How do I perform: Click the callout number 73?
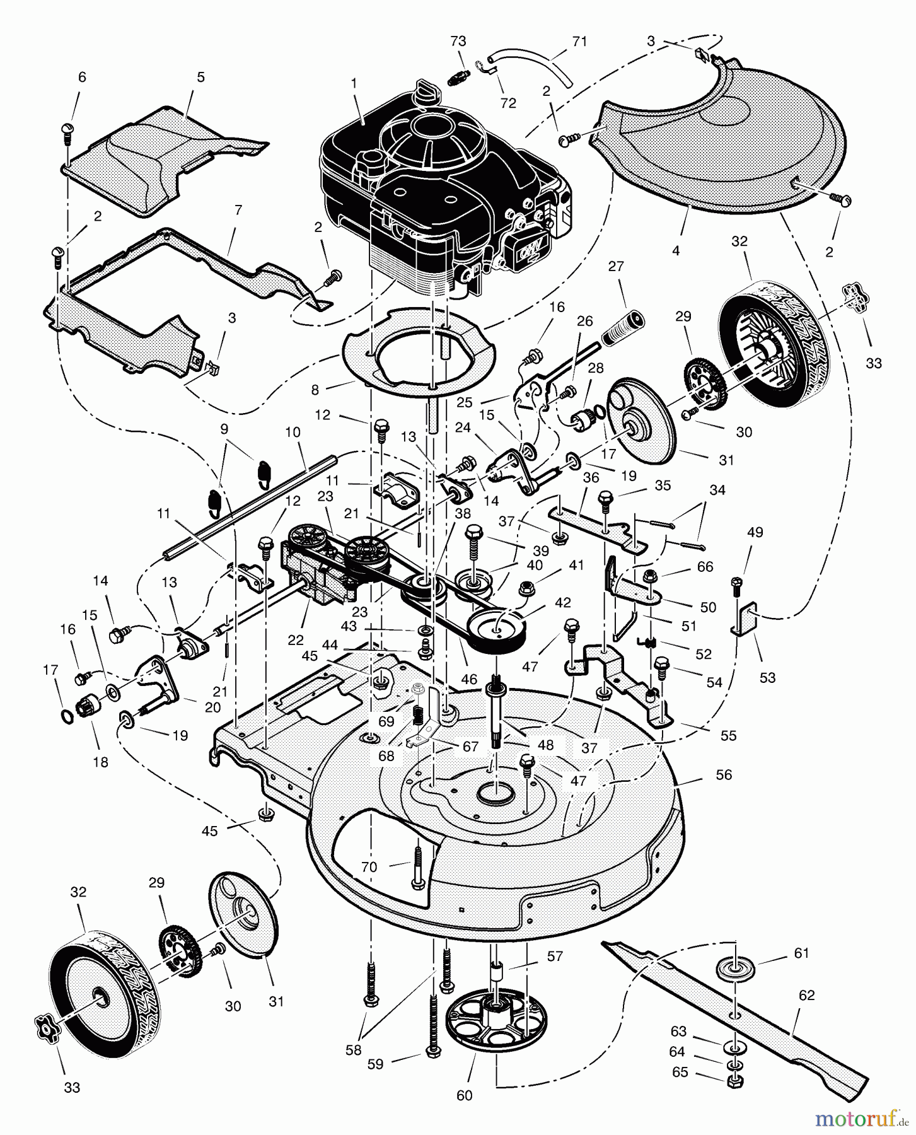click(458, 42)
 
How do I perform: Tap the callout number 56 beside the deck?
click(724, 774)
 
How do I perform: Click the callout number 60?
click(464, 1096)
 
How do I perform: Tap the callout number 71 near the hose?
click(579, 42)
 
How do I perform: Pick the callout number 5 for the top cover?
click(200, 78)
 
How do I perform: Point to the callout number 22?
click(295, 641)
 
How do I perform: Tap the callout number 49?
click(755, 532)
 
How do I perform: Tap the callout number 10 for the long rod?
click(293, 433)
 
